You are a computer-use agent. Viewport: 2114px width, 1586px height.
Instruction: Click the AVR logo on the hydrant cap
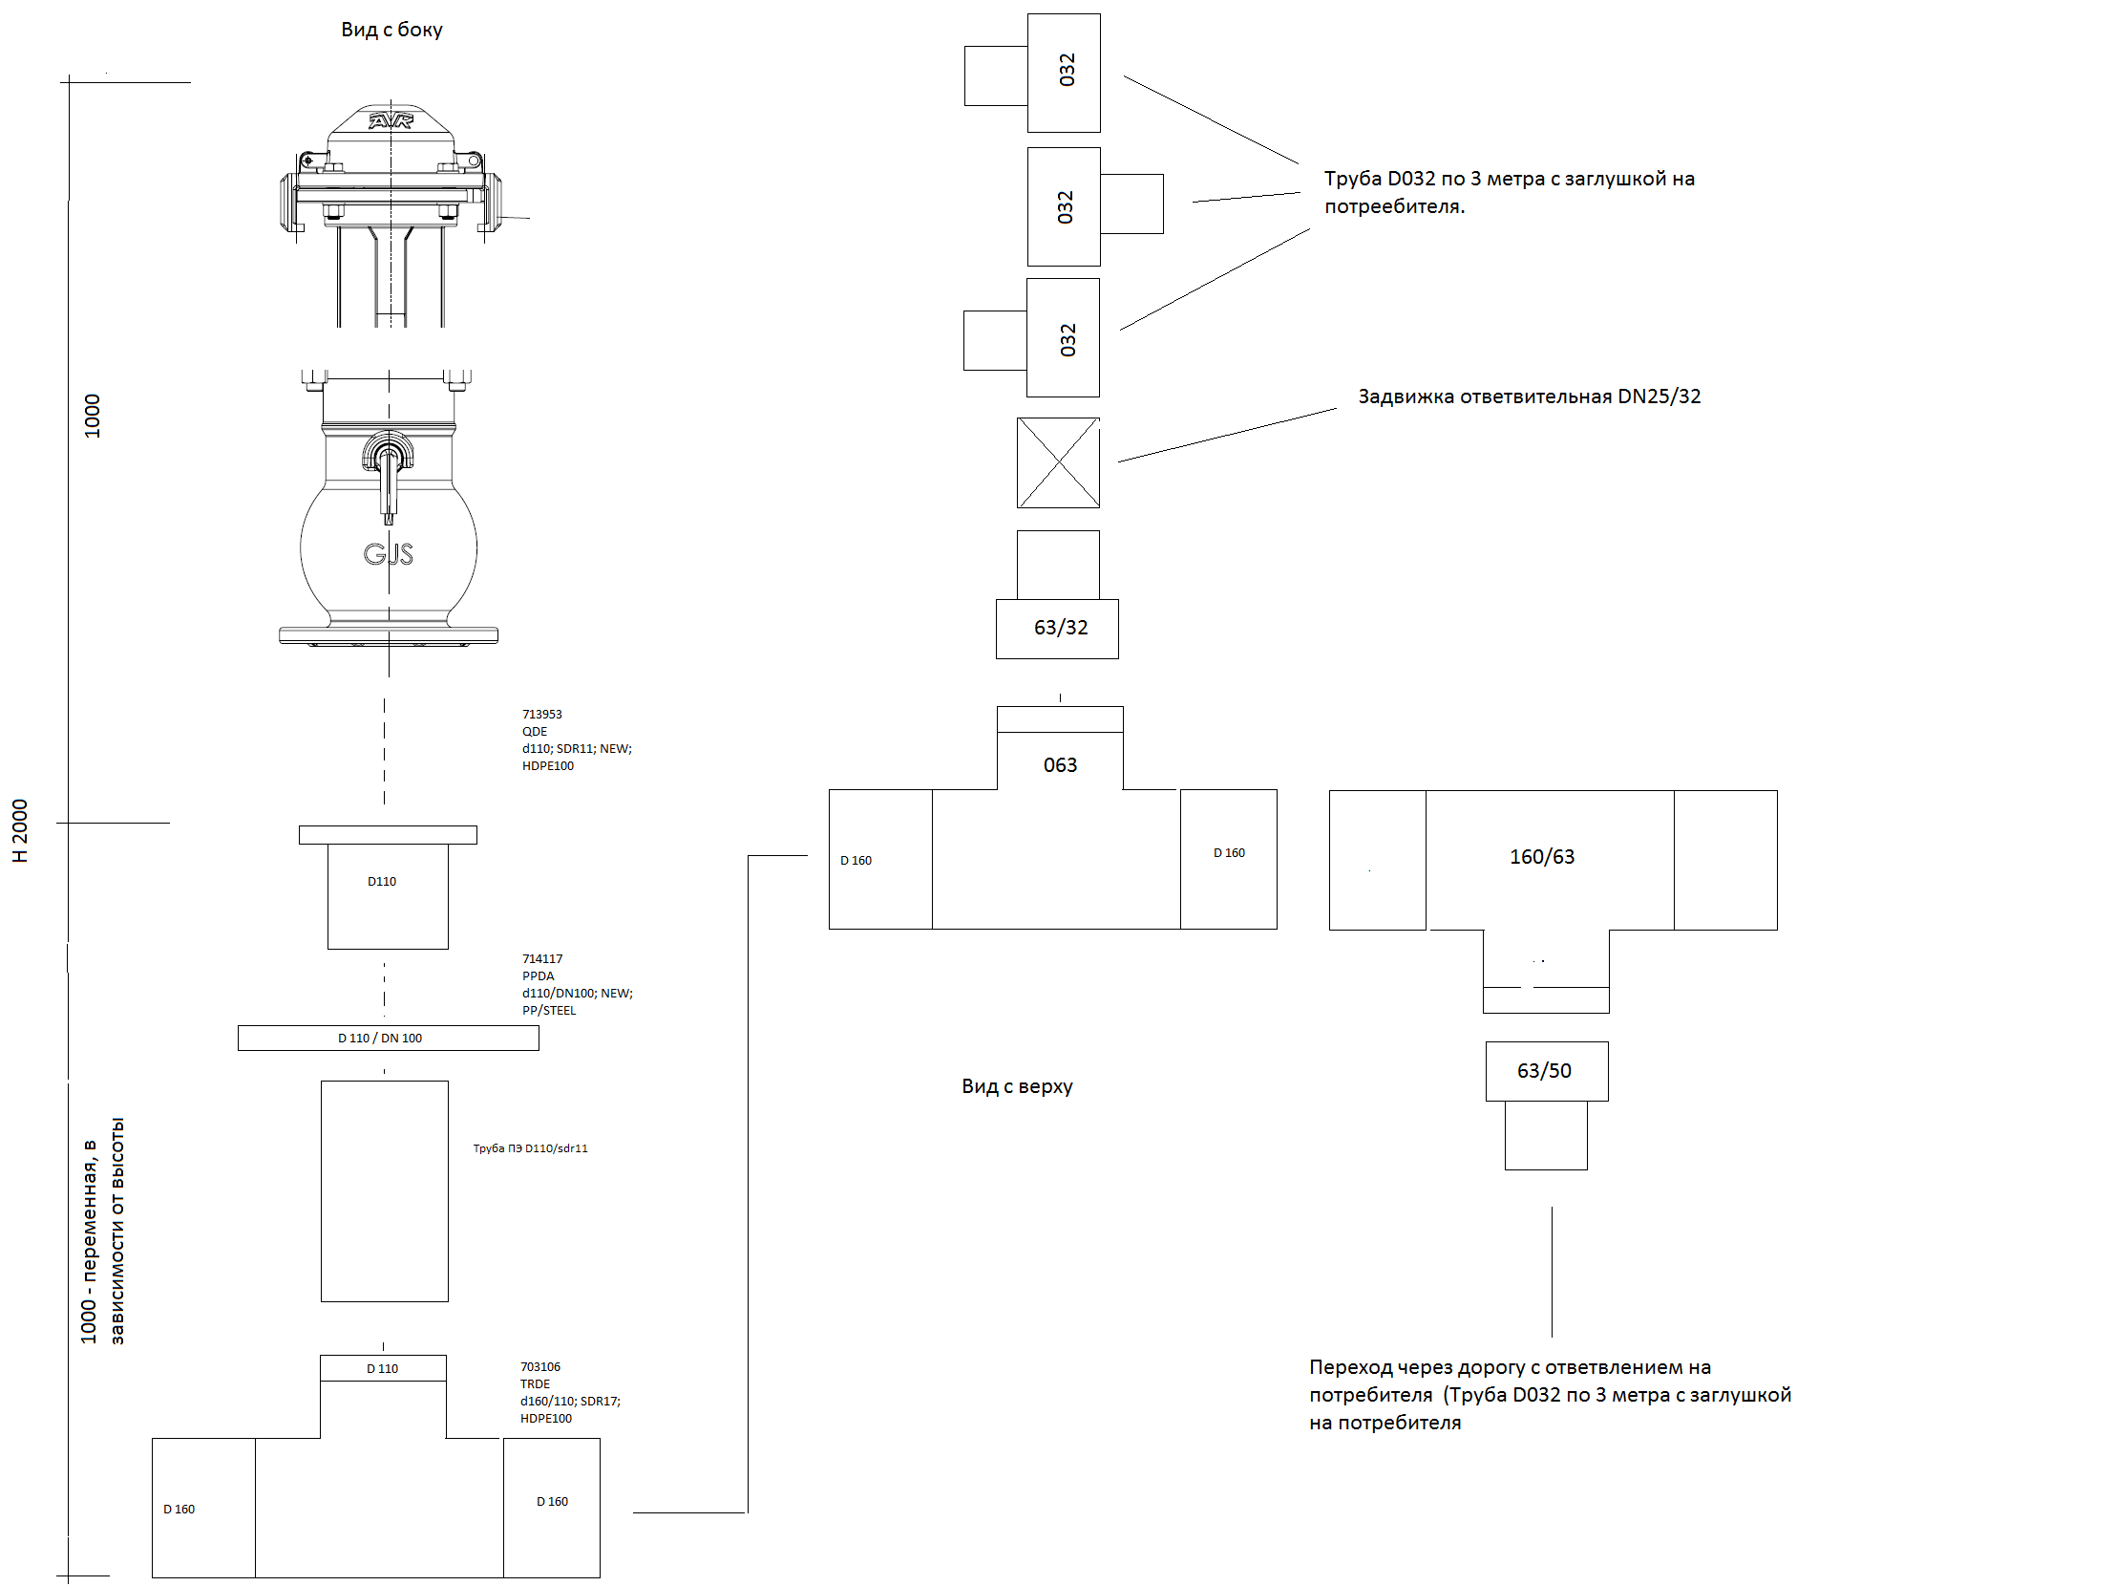click(390, 120)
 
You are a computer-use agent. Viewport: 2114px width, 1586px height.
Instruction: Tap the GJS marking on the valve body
click(388, 553)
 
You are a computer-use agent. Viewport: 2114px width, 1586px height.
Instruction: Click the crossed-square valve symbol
click(1058, 462)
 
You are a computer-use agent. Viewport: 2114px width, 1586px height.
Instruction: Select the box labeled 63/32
click(1057, 629)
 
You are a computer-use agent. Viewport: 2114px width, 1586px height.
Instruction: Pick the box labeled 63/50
click(1546, 1071)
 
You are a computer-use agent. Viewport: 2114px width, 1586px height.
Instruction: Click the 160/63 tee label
click(1541, 857)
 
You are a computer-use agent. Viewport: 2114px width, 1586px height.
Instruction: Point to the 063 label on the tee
click(1060, 764)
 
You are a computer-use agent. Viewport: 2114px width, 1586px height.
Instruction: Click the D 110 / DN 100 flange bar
click(388, 1038)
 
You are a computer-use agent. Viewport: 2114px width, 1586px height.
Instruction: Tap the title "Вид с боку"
click(391, 30)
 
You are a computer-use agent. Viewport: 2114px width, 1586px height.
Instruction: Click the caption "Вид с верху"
click(1017, 1086)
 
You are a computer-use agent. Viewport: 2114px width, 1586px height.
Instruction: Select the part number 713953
click(542, 714)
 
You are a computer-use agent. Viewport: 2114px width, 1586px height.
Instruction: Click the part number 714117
click(542, 959)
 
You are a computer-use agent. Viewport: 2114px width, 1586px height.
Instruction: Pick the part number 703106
click(540, 1367)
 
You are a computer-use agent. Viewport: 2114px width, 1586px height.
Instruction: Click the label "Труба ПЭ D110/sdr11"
click(531, 1148)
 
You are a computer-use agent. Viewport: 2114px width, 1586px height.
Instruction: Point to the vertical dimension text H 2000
click(20, 831)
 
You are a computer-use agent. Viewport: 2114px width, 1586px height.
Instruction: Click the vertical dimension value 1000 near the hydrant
click(93, 416)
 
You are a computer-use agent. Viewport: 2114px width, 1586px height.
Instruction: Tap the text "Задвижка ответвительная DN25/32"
click(1529, 396)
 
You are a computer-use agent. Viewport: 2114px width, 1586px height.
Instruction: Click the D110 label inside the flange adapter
click(381, 882)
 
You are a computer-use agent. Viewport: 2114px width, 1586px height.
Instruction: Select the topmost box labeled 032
click(1064, 73)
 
